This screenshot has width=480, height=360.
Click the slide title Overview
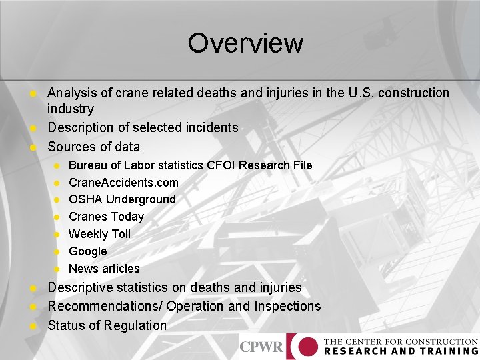[245, 43]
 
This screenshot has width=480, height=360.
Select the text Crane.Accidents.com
[123, 182]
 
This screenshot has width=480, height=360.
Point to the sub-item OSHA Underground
[122, 199]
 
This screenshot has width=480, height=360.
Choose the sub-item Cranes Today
[106, 217]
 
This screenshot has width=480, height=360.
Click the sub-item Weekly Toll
[99, 234]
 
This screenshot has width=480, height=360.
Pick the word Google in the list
[87, 251]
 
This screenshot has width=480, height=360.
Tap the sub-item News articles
[104, 269]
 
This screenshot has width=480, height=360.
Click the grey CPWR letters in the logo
[261, 347]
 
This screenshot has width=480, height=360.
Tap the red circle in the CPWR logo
[307, 347]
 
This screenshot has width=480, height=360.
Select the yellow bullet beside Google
[57, 251]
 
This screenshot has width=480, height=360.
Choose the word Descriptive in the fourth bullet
[81, 287]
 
